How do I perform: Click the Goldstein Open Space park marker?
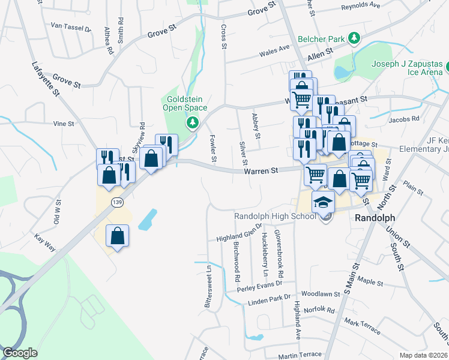point(192,123)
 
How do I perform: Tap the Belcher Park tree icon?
point(354,39)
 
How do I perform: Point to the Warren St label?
point(261,171)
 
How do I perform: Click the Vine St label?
point(63,124)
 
